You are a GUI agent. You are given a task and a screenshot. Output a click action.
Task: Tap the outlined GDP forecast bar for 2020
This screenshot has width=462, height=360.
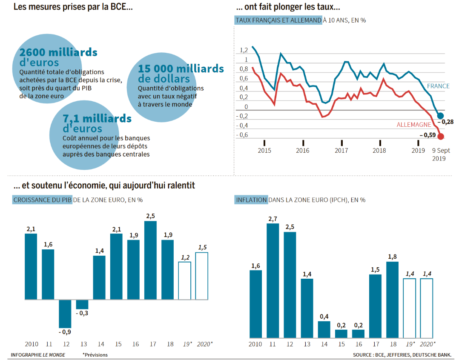click(x=201, y=276)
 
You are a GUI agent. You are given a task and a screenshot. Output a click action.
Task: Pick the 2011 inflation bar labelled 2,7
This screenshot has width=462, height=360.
click(x=273, y=281)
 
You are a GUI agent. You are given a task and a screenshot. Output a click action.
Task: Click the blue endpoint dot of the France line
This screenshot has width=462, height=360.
click(x=441, y=116)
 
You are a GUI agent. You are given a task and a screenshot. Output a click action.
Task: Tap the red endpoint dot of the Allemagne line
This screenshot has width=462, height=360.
click(x=441, y=136)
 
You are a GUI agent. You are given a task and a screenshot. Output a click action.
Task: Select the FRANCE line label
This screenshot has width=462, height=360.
click(x=438, y=86)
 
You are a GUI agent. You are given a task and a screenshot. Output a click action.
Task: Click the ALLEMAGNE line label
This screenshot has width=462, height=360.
click(x=413, y=125)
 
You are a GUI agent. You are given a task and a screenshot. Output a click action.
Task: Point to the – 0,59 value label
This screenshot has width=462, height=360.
click(x=427, y=135)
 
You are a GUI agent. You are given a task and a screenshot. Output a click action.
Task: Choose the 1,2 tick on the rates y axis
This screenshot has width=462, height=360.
click(x=244, y=50)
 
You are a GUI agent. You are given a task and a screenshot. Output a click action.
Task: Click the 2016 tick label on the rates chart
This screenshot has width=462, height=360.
click(x=303, y=150)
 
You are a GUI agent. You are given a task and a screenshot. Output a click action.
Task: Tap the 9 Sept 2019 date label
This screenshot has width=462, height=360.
click(x=441, y=154)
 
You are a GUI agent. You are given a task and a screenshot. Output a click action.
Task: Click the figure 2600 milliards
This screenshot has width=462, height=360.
click(x=58, y=53)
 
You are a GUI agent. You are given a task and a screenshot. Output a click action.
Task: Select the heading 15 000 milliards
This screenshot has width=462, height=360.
click(x=181, y=69)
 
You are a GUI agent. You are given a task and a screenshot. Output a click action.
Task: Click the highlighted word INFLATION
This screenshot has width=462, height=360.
click(x=251, y=200)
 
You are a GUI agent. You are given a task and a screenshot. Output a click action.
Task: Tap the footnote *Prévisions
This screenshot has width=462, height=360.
click(x=95, y=354)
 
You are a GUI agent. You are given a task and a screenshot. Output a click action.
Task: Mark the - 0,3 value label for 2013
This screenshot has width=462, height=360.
click(x=82, y=313)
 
